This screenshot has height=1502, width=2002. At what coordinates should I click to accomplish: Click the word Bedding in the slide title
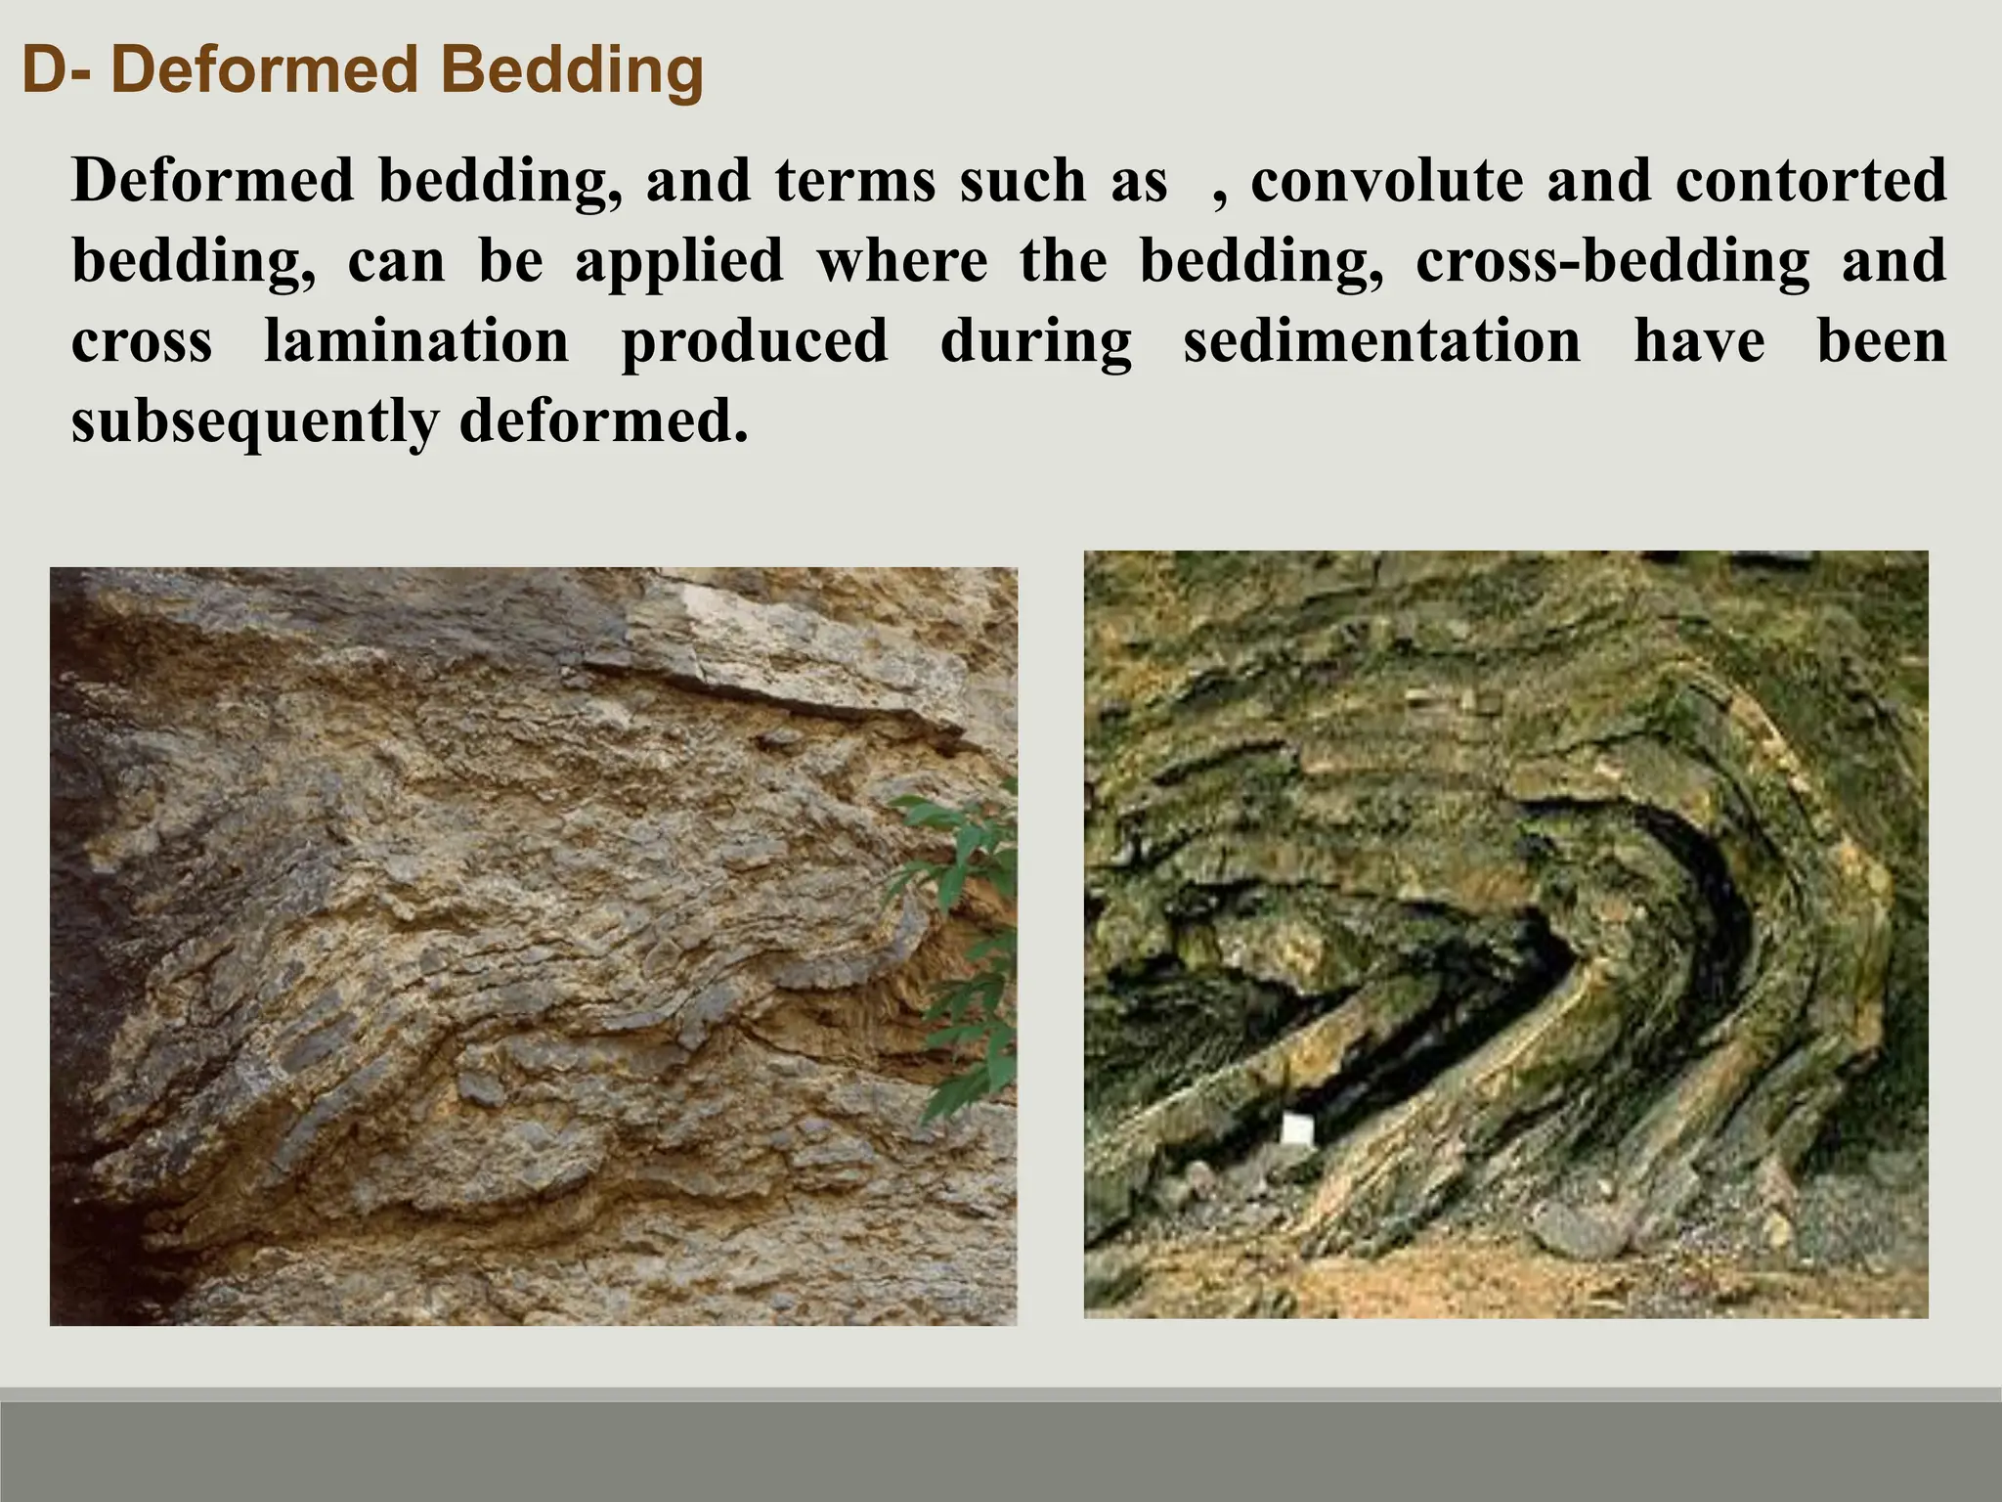coord(572,70)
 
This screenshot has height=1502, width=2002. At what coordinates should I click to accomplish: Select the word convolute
coord(1386,181)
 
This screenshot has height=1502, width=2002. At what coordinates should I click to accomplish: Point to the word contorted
coord(1810,181)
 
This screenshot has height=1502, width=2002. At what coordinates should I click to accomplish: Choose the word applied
coord(678,261)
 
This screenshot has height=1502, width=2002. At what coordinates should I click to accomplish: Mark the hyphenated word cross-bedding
coord(1612,261)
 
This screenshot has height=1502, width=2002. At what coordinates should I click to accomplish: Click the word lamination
coord(416,341)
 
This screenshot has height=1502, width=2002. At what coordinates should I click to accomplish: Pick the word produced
coord(755,341)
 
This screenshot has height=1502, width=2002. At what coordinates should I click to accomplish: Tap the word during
coord(1036,341)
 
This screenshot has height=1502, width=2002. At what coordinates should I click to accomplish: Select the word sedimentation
coord(1382,341)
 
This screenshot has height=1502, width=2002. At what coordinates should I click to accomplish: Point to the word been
coord(1882,341)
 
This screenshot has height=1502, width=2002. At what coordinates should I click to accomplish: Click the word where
coord(901,261)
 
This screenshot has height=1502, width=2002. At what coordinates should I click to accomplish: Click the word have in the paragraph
coord(1699,341)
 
